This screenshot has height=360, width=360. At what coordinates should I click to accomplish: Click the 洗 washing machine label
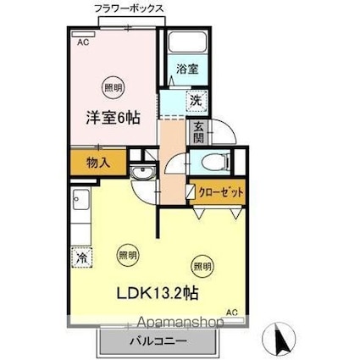195,100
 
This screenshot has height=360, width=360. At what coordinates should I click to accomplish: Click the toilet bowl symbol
208,163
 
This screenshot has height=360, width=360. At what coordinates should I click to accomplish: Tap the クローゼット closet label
221,193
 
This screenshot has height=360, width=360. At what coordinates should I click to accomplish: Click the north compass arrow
281,340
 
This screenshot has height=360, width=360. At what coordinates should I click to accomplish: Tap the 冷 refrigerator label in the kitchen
82,256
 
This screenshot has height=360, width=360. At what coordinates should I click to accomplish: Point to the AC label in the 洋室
83,41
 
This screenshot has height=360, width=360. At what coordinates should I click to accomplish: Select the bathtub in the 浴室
186,45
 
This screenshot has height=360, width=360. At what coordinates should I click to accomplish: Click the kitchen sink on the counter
82,202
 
